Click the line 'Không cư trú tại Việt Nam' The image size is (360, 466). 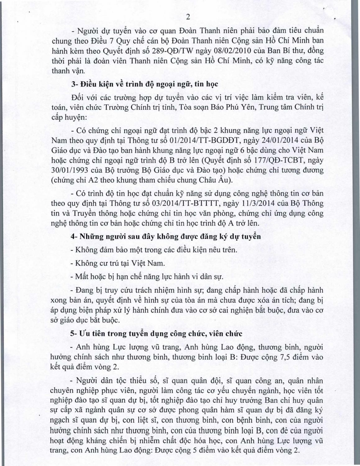[x=118, y=263]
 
